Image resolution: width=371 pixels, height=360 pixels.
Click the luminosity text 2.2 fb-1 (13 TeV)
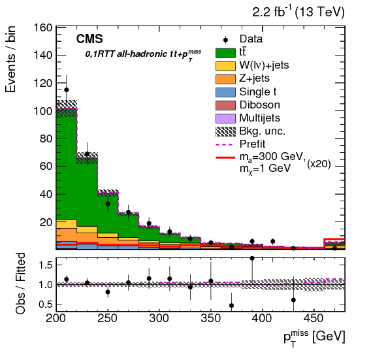click(297, 12)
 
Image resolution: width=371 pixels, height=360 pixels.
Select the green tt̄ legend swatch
click(224, 53)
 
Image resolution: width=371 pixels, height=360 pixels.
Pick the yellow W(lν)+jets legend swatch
click(224, 66)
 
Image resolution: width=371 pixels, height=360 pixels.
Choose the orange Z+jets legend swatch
click(224, 79)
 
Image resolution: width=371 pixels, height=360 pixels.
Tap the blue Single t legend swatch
click(224, 92)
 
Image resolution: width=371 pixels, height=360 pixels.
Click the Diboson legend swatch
click(224, 105)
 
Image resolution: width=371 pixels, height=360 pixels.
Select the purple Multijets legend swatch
click(224, 118)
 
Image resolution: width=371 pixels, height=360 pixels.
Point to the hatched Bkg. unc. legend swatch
click(224, 131)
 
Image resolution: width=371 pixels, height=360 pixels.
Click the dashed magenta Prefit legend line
click(224, 144)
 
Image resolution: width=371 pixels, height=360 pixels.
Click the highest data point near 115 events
click(66, 90)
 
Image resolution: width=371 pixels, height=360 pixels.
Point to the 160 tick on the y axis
click(43, 29)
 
